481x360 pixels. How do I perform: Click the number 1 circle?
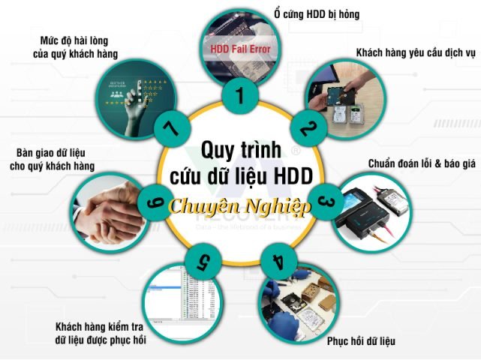(240, 96)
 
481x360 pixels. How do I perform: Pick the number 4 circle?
(278, 263)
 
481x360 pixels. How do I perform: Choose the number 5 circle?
(202, 263)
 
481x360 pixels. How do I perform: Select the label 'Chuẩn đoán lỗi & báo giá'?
(422, 163)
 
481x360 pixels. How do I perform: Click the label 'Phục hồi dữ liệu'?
(360, 341)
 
